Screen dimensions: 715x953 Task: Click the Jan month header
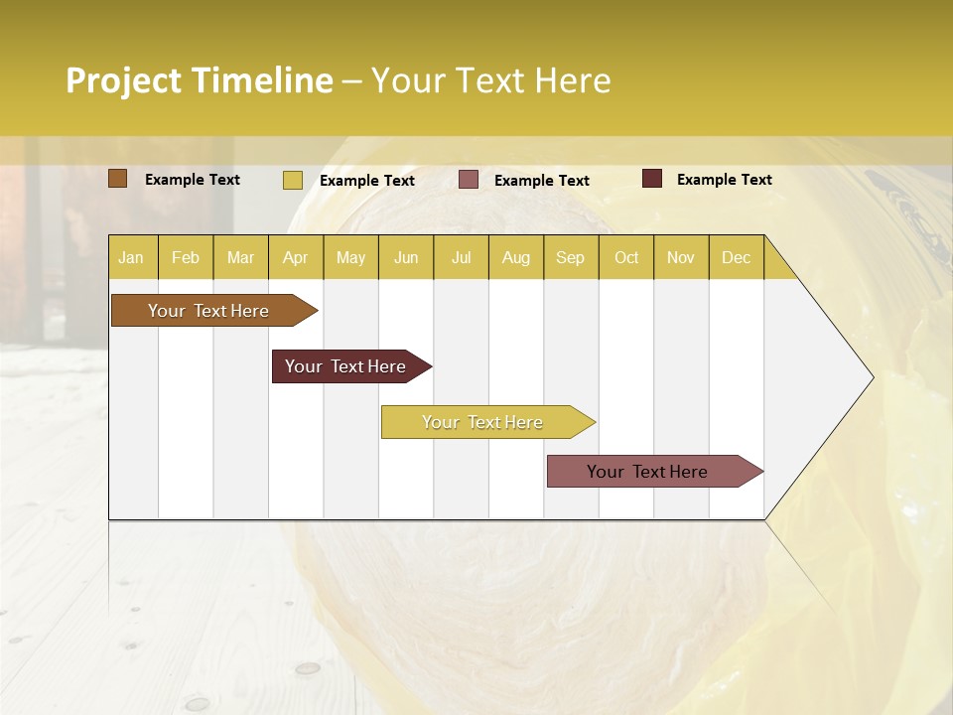click(x=131, y=257)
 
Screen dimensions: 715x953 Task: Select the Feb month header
click(x=186, y=257)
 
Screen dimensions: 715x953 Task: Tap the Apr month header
click(x=295, y=257)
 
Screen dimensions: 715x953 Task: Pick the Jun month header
click(x=406, y=257)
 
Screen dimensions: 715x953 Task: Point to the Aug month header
click(x=515, y=257)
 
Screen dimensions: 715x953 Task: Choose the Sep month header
click(x=570, y=257)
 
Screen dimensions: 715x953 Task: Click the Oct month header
click(x=626, y=257)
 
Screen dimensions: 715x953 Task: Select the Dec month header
click(x=736, y=257)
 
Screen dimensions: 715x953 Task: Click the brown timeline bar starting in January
click(x=208, y=311)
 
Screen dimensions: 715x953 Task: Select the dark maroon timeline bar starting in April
click(x=345, y=366)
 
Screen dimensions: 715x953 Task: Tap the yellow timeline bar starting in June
click(x=482, y=422)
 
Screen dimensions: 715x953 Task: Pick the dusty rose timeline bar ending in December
click(x=647, y=472)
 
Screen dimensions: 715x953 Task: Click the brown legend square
click(x=118, y=179)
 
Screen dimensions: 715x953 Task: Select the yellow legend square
click(x=293, y=180)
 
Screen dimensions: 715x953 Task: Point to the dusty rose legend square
click(x=469, y=180)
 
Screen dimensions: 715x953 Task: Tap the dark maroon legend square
click(x=652, y=179)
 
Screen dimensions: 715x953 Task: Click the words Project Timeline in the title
click(x=200, y=80)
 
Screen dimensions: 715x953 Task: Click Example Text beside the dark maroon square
click(x=724, y=180)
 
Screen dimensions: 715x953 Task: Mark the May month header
click(x=350, y=257)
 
